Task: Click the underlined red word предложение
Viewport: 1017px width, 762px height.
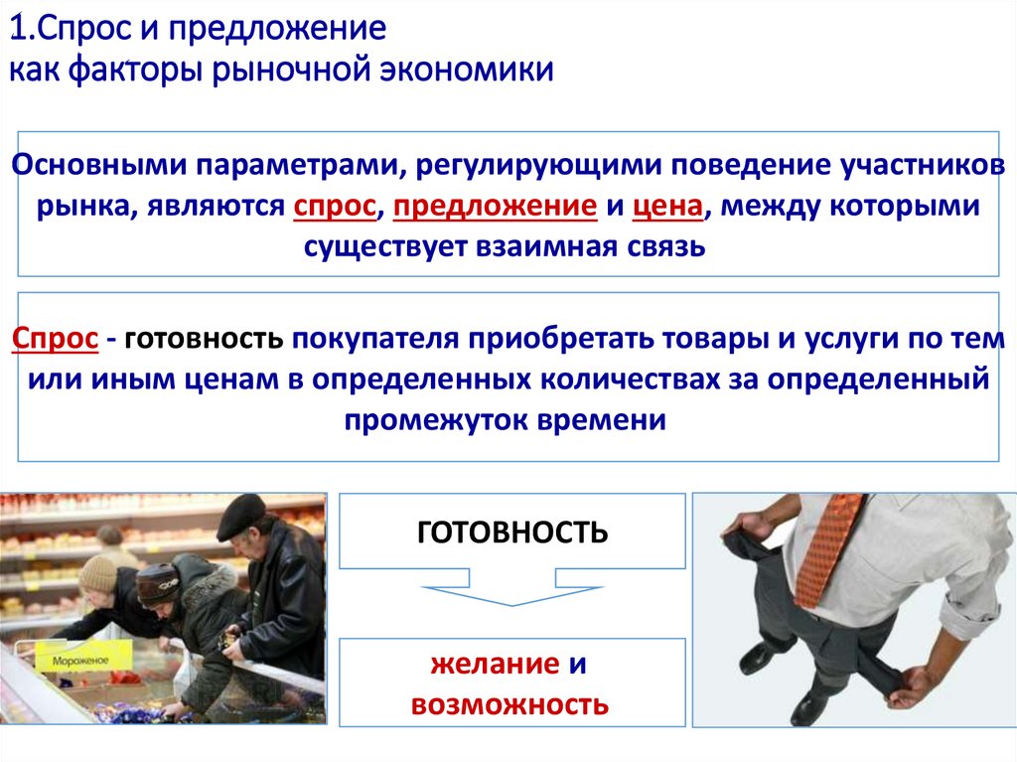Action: pos(495,206)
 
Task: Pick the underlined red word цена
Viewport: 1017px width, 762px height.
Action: pos(668,206)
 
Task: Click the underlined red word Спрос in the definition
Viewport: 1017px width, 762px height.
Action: pos(56,339)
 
